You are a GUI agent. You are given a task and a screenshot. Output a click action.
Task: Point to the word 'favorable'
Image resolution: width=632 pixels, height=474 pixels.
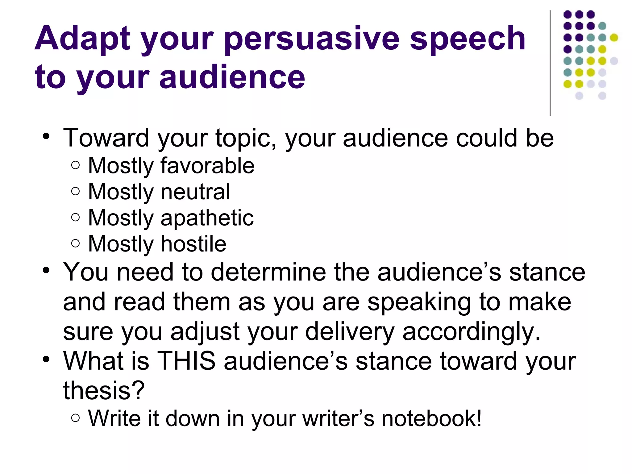(207, 166)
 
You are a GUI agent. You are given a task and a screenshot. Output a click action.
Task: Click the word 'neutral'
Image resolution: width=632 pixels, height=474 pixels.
(195, 192)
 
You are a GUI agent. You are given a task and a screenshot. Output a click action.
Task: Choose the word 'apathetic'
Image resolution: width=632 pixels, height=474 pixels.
(207, 218)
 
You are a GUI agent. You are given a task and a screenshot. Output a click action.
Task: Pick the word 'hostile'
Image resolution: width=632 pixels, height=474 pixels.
(193, 244)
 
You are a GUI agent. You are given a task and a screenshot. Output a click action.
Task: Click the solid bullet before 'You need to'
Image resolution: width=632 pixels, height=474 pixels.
(46, 271)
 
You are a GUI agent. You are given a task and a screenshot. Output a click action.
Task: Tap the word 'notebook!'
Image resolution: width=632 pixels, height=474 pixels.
(431, 419)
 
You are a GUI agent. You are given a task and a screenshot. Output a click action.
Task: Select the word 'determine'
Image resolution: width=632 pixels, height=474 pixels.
(268, 272)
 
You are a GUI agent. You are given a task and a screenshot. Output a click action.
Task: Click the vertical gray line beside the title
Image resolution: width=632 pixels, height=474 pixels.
(550, 63)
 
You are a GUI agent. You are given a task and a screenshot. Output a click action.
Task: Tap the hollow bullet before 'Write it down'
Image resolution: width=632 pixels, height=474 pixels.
(75, 418)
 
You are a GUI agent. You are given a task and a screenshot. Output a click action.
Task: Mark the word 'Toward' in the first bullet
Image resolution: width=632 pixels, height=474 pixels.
(106, 138)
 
